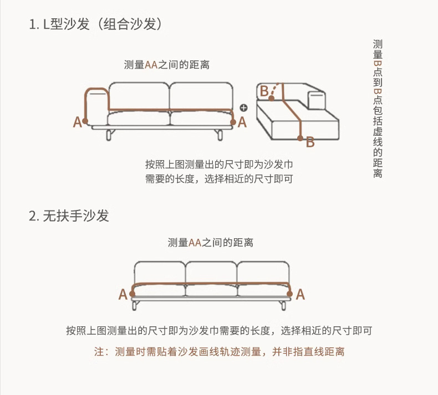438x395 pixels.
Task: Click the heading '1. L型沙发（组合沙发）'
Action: tap(95, 25)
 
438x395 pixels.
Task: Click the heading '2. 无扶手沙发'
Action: tap(69, 216)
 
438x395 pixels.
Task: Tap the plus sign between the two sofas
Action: tap(243, 107)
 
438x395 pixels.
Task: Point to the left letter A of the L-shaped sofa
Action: tap(78, 122)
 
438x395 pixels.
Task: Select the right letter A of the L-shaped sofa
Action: tap(242, 122)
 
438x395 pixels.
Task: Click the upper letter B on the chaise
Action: tap(264, 90)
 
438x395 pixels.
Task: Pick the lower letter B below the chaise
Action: tap(310, 142)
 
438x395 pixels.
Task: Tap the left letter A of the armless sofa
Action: tap(123, 295)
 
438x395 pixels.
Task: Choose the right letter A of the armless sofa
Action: tap(300, 295)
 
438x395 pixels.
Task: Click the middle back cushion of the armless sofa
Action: tap(211, 271)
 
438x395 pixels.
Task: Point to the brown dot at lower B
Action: tap(300, 138)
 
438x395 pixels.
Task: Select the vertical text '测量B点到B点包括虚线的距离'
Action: tap(378, 108)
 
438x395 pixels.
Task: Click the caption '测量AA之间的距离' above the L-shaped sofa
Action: tap(167, 65)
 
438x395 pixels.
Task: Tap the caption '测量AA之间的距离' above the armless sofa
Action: tap(211, 243)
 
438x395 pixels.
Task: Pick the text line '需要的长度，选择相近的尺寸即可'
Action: tap(218, 178)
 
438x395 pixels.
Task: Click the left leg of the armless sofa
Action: tap(136, 305)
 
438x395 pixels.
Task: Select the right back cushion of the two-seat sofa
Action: tap(200, 96)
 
